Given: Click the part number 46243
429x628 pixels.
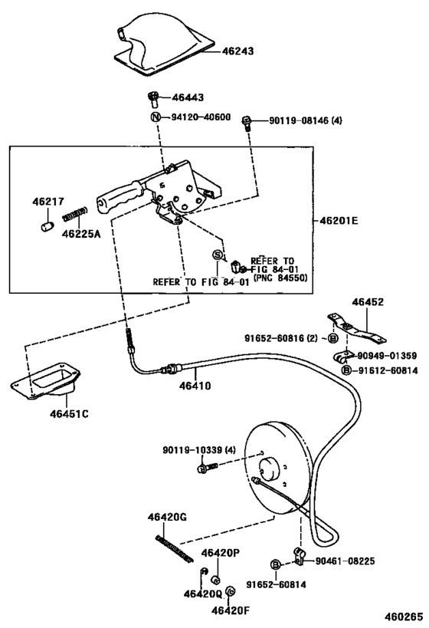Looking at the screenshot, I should [237, 51].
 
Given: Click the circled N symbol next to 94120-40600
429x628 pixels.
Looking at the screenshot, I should [155, 117].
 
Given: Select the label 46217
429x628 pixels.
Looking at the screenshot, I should [46, 202].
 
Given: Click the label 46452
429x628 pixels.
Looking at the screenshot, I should [368, 302].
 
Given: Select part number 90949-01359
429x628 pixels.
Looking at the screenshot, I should [388, 356].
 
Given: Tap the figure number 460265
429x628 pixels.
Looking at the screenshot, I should [403, 616].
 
